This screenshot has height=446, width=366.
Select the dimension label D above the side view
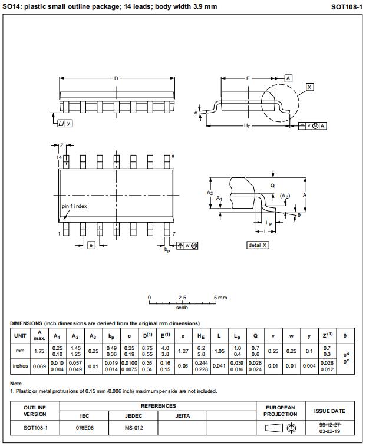click(116, 78)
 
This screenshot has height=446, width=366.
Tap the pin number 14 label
click(59, 157)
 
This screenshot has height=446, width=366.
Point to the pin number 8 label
click(173, 157)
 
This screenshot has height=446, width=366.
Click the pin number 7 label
click(174, 234)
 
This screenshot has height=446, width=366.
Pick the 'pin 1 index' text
click(74, 206)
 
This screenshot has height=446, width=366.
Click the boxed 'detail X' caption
click(258, 245)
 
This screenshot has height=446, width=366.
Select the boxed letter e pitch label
click(91, 245)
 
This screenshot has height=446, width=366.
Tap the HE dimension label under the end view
click(248, 126)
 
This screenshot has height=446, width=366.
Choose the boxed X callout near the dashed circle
click(310, 87)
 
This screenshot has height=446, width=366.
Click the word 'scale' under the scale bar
click(182, 308)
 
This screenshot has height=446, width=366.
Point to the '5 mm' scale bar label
click(220, 298)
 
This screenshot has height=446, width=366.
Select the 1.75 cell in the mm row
click(39, 351)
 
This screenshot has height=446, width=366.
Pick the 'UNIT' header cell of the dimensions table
click(20, 336)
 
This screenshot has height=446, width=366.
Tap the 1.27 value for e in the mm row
click(183, 351)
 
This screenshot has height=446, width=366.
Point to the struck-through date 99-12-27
click(329, 424)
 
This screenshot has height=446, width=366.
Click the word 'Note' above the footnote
click(16, 384)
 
